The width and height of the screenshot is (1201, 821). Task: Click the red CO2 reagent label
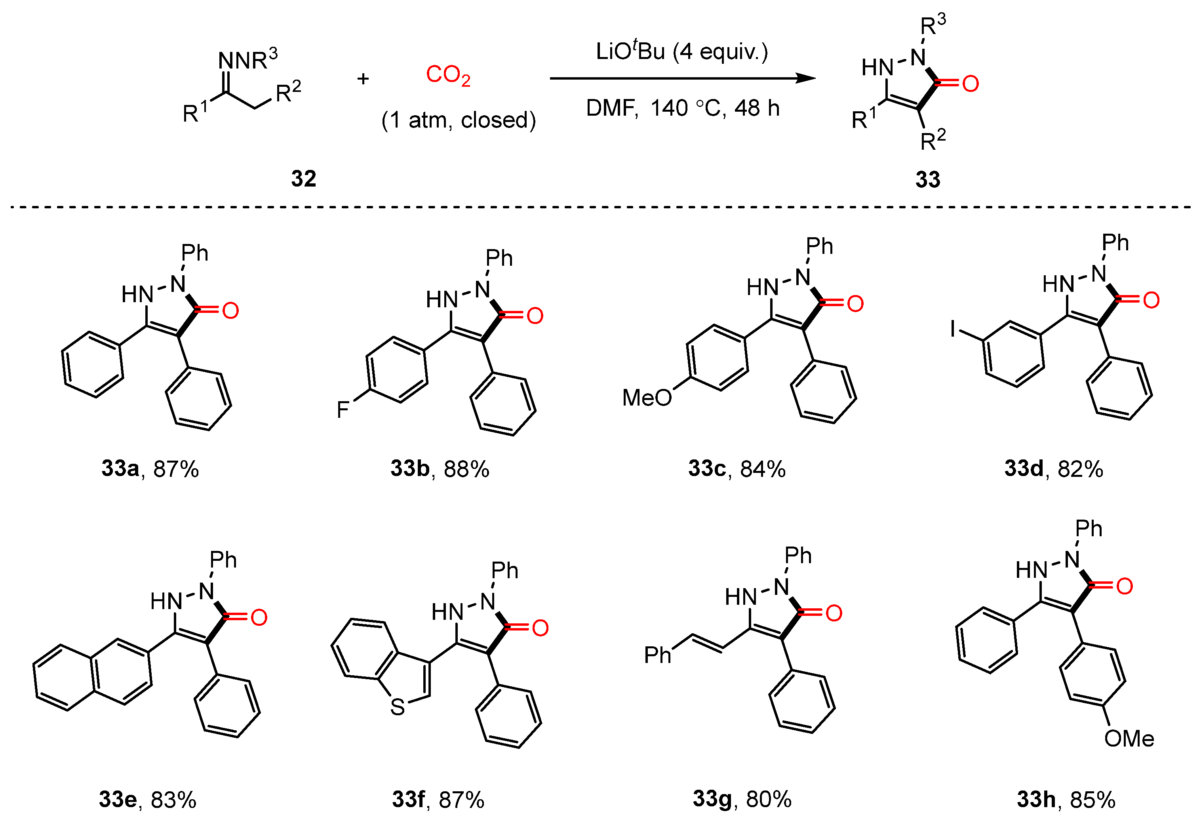[x=447, y=76]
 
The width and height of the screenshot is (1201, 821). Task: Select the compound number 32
[x=303, y=178]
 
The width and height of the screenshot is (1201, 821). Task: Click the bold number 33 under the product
[x=928, y=179]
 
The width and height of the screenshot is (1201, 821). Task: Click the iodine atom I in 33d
[x=952, y=328]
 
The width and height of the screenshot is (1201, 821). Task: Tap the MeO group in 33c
[x=647, y=398]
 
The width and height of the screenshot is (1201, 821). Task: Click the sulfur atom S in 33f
[x=398, y=707]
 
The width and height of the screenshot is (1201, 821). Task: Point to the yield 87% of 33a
[x=176, y=469]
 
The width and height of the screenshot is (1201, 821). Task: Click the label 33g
[x=712, y=798]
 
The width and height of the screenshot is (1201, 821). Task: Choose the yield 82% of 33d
[x=1080, y=469]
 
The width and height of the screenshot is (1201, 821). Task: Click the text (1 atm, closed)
[x=459, y=120]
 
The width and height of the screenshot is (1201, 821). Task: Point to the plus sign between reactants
[x=363, y=78]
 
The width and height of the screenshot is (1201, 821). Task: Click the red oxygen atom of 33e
[x=259, y=617]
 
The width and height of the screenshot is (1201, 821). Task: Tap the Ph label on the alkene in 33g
[x=657, y=655]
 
